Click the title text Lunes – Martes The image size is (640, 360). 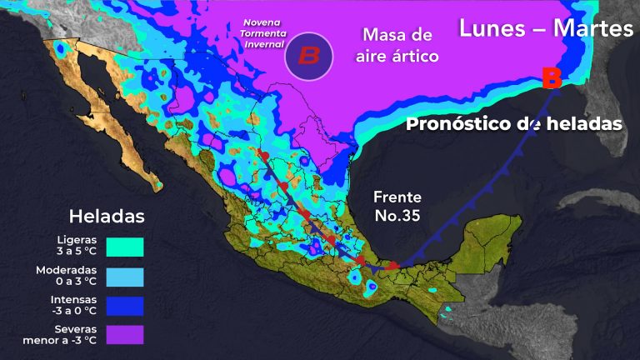[546, 28]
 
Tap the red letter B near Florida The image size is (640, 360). [551, 79]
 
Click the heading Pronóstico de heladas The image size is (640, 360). [514, 124]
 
